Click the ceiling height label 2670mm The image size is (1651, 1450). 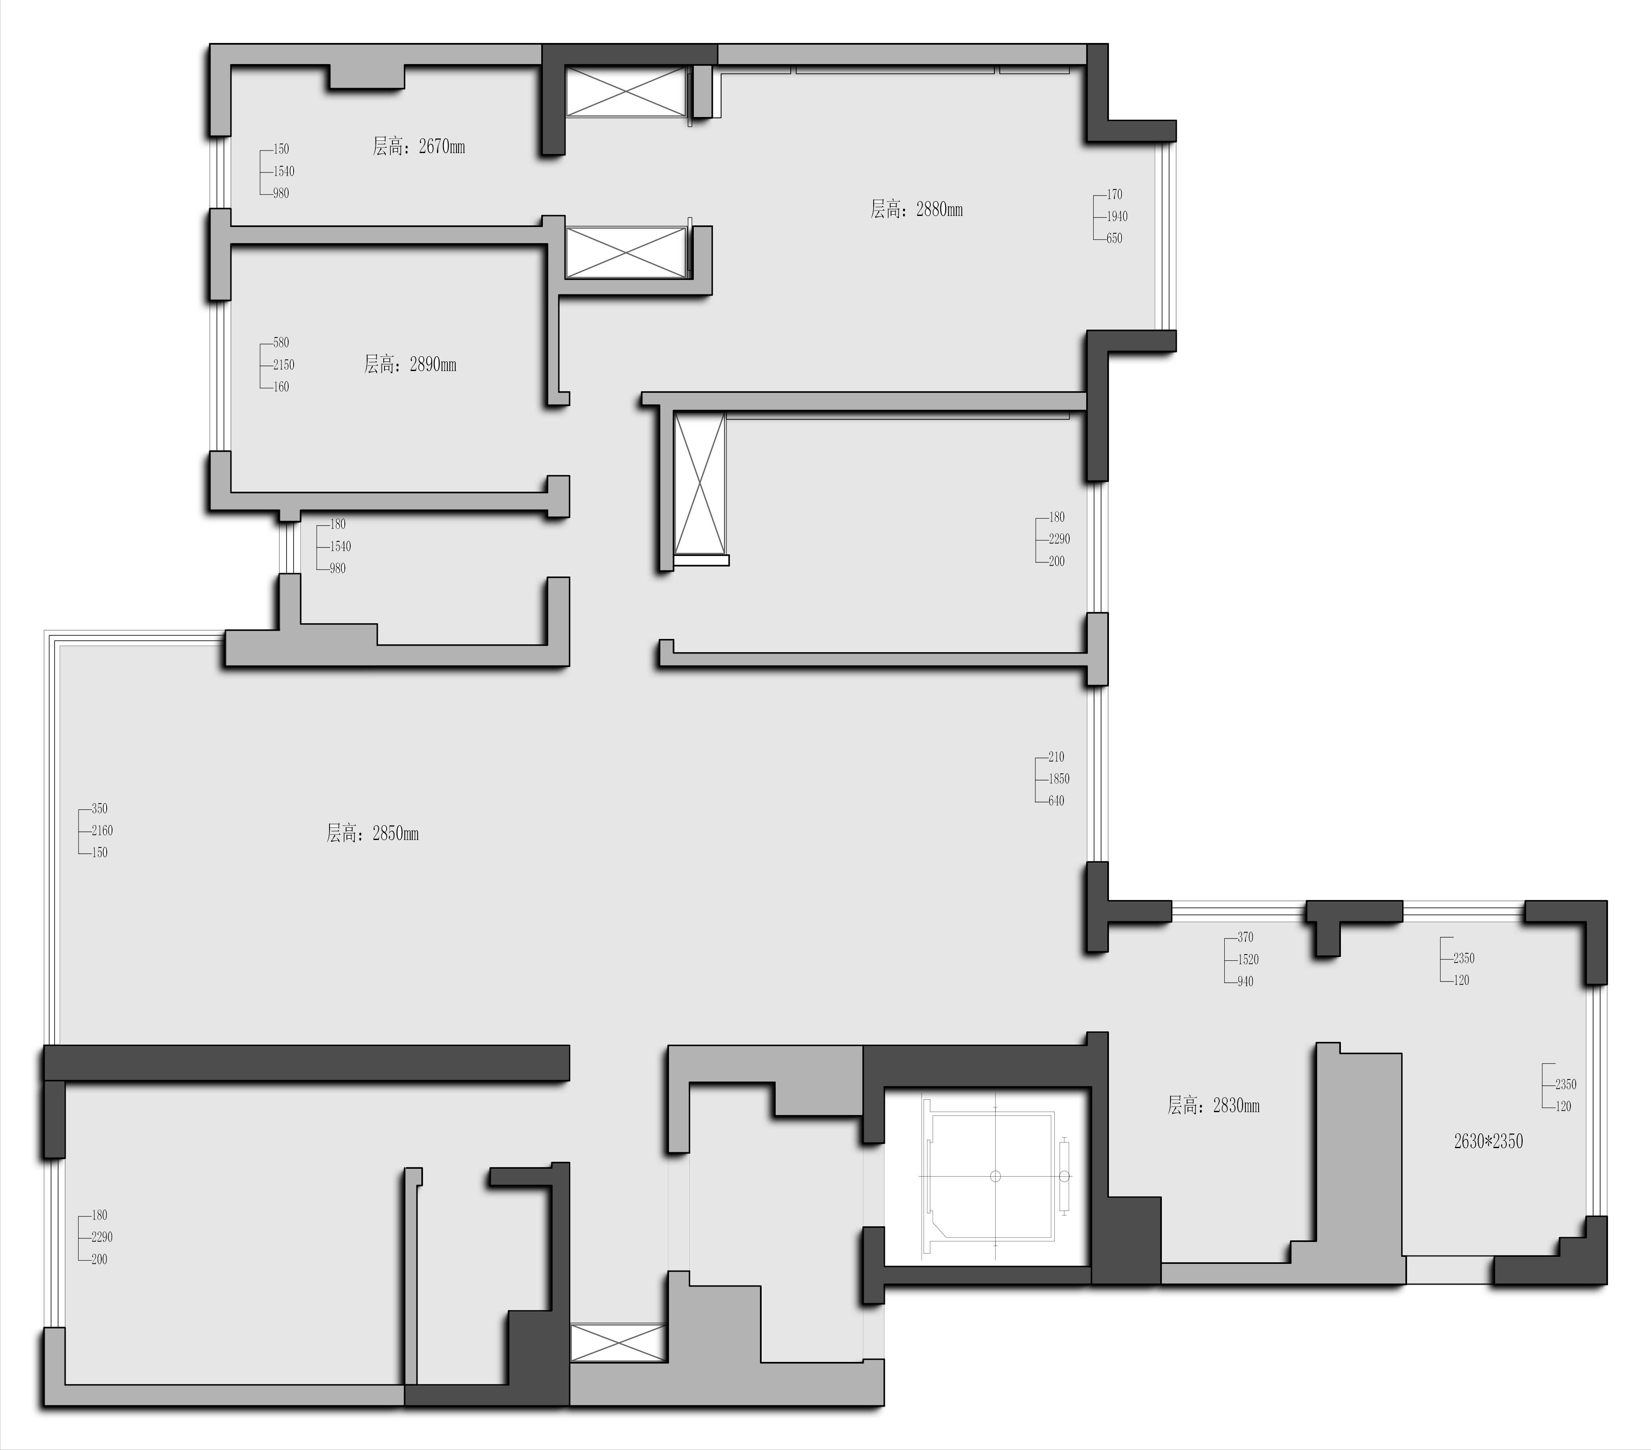click(418, 146)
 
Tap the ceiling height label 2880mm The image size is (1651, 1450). click(916, 209)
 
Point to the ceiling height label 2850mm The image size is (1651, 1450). click(373, 833)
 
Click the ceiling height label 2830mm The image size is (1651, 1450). click(1213, 1105)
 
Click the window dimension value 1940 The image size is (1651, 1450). click(1117, 216)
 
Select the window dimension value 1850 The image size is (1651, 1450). click(1059, 779)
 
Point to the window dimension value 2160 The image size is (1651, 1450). click(102, 830)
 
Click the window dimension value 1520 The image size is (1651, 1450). click(1248, 959)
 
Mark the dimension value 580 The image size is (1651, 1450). click(280, 342)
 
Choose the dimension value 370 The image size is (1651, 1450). click(1245, 937)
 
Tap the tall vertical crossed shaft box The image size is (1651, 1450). click(700, 485)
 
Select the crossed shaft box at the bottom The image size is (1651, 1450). click(618, 1342)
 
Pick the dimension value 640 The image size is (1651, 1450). click(1056, 801)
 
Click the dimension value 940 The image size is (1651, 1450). click(1245, 981)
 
